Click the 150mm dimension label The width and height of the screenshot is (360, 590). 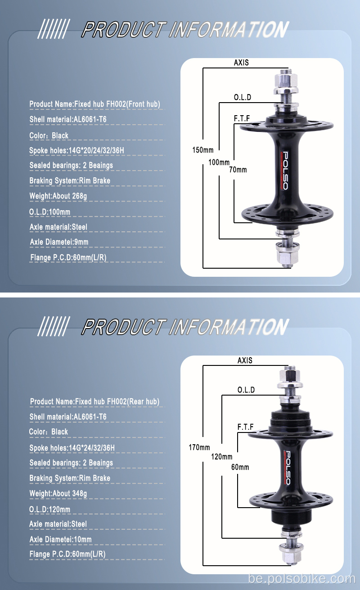click(203, 150)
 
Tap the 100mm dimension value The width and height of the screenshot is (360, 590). click(219, 162)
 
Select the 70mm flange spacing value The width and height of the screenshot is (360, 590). click(238, 170)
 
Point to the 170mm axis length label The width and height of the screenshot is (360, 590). click(199, 447)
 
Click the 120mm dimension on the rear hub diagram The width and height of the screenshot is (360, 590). click(222, 457)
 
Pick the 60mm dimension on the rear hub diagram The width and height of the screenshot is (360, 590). click(240, 467)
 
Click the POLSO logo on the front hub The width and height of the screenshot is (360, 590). click(285, 170)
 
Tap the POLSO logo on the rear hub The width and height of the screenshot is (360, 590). click(287, 468)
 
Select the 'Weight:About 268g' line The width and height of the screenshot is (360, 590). click(58, 196)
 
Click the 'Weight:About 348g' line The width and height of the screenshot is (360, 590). click(58, 493)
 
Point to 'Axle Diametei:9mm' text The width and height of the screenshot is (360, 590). click(59, 242)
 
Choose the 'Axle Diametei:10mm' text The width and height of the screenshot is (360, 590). click(61, 540)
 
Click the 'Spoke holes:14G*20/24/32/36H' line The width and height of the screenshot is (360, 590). click(76, 150)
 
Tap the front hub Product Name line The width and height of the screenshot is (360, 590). click(95, 104)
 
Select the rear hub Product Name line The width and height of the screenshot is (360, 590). click(95, 402)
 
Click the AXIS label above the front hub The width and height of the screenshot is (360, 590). click(241, 63)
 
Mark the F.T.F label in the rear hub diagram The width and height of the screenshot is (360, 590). click(245, 427)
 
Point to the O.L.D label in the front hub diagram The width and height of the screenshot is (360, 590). click(243, 97)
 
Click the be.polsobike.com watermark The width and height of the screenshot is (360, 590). click(302, 579)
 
